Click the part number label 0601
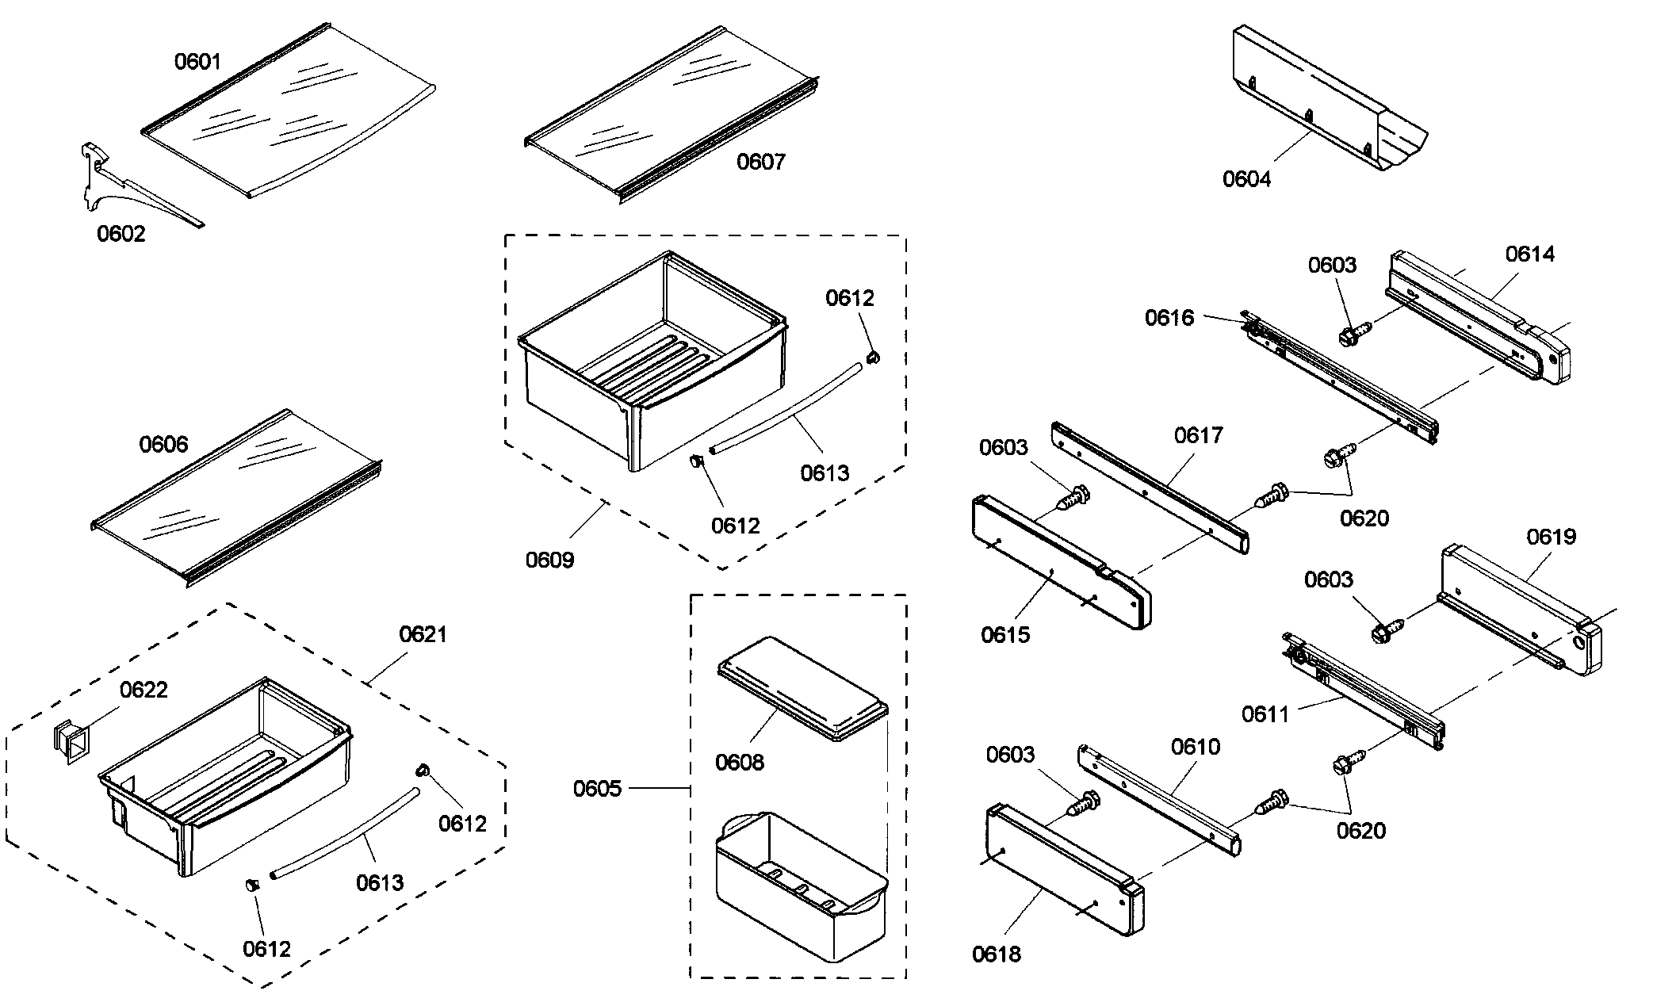(x=197, y=61)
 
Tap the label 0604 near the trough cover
(x=1246, y=179)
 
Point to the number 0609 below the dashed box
(x=549, y=560)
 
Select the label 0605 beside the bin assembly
(x=597, y=789)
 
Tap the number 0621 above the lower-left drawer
(x=423, y=634)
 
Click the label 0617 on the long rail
(x=1199, y=435)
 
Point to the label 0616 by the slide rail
(x=1169, y=318)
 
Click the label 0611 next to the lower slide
(x=1265, y=714)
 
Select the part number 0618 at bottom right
(x=997, y=954)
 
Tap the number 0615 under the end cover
(x=1005, y=634)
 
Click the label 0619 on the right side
(x=1552, y=537)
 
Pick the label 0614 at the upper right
(x=1530, y=254)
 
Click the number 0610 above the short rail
(x=1196, y=747)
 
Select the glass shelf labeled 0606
(x=238, y=499)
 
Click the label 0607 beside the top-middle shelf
(x=761, y=162)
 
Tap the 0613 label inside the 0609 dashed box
(x=825, y=473)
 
